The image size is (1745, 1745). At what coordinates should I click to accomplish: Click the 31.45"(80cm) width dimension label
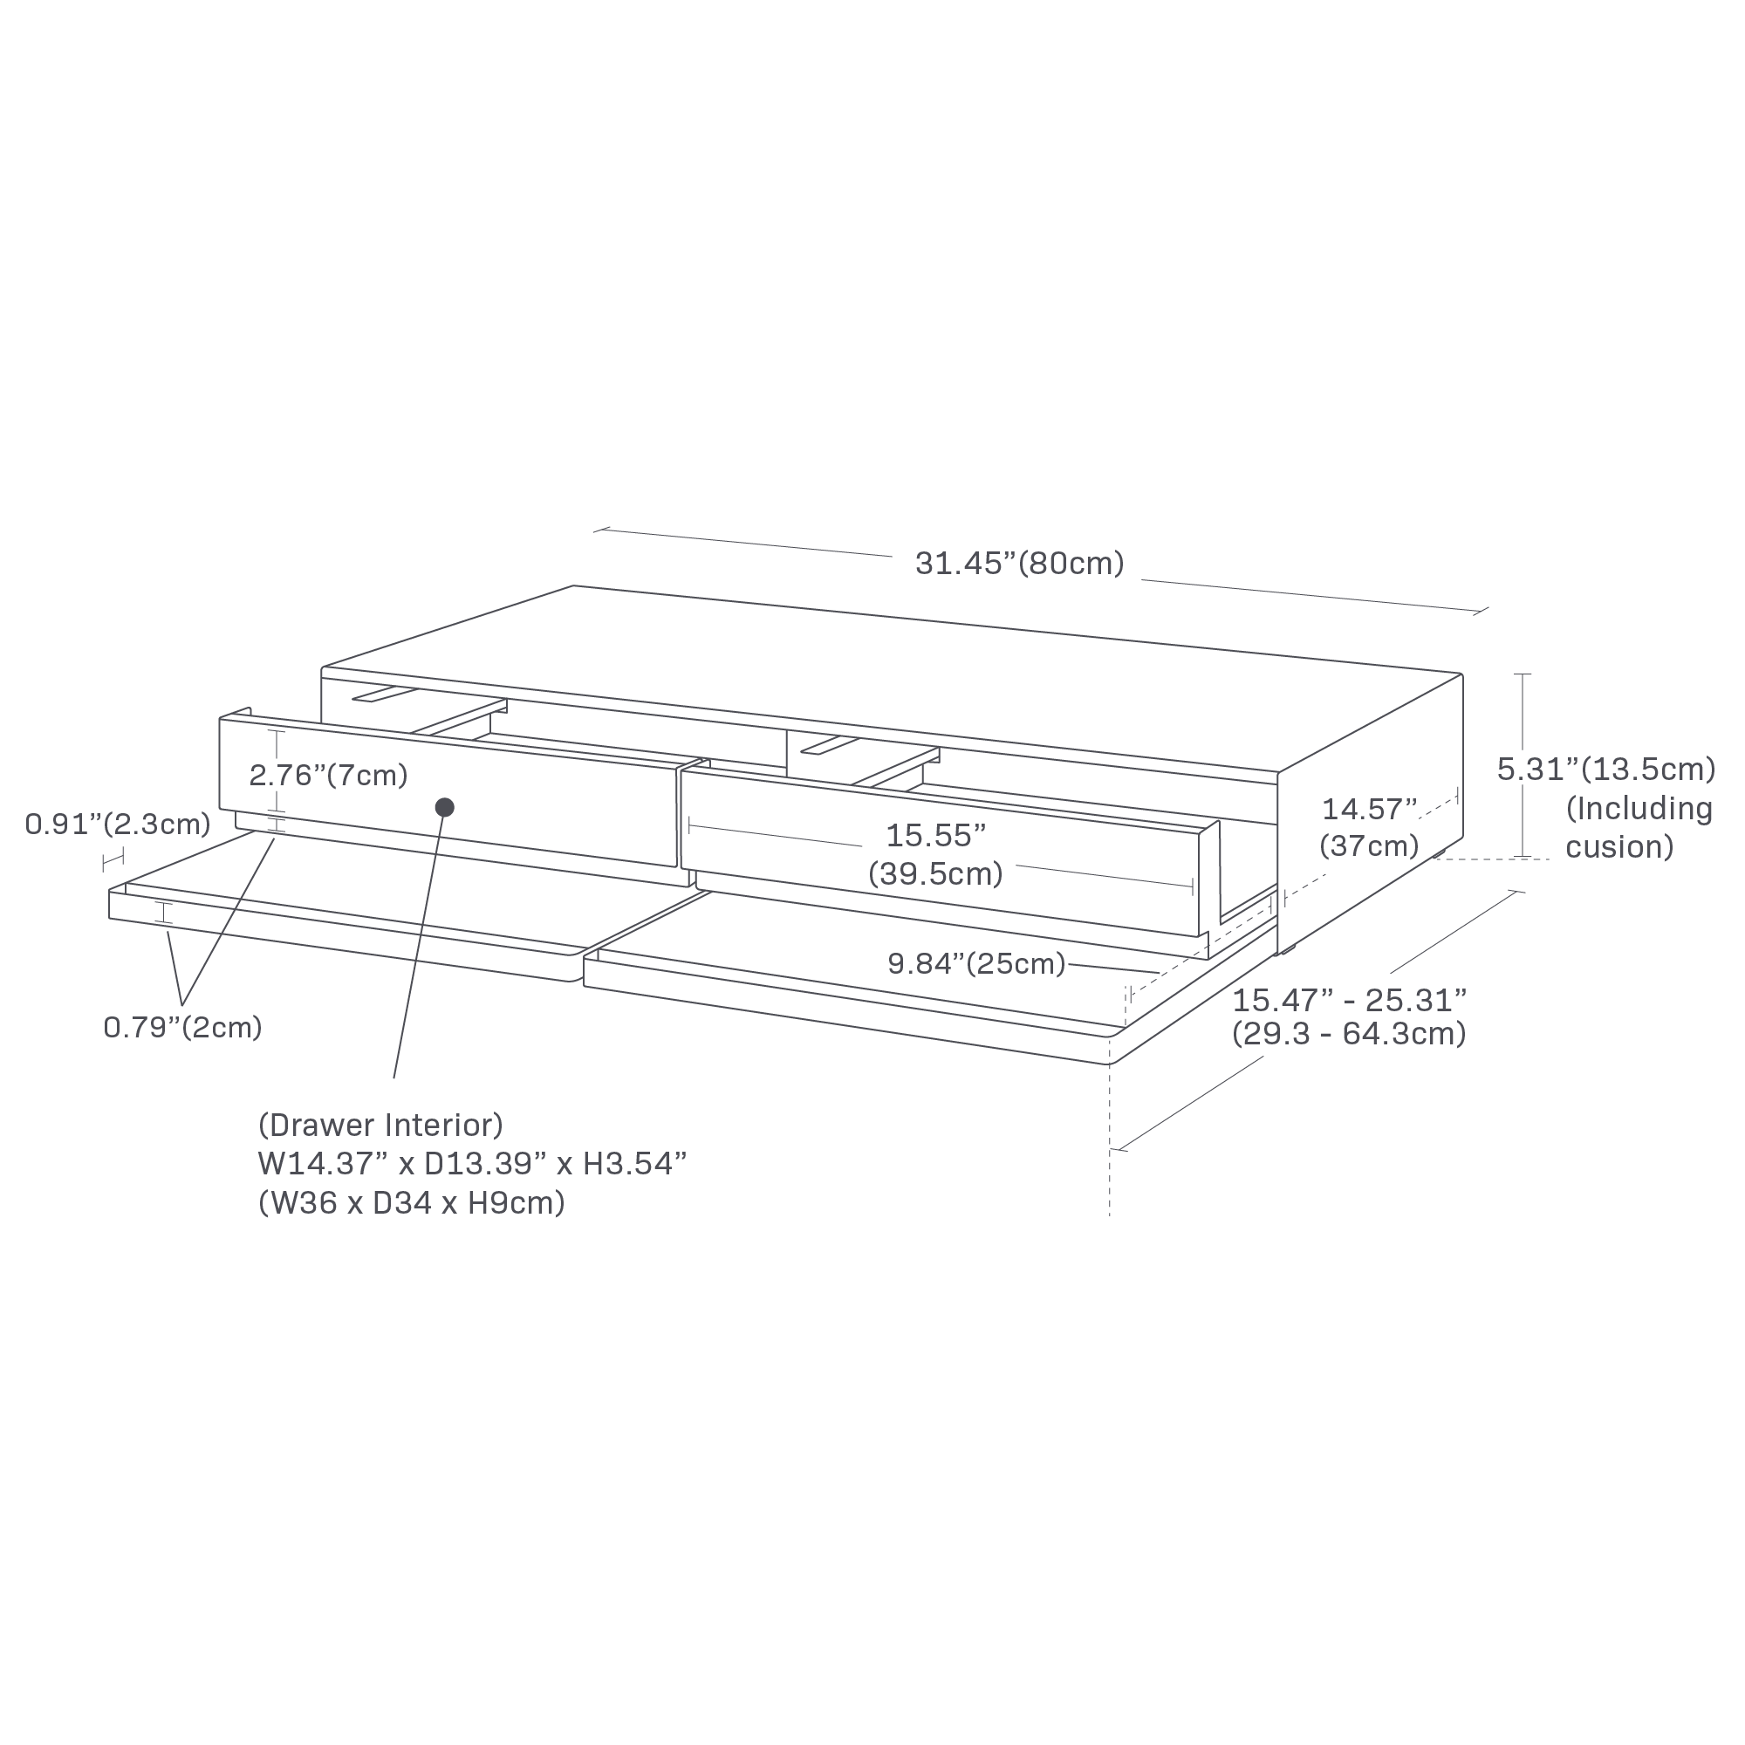(1019, 564)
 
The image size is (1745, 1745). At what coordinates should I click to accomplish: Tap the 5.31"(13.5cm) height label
(1606, 770)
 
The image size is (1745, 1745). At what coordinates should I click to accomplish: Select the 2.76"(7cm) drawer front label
(329, 775)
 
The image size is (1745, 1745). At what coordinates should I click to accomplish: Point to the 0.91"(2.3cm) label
(118, 824)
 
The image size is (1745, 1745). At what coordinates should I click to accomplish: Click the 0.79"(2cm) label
(182, 1028)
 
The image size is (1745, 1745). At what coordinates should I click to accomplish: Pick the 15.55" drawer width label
(934, 836)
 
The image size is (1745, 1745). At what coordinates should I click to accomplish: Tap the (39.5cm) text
(934, 874)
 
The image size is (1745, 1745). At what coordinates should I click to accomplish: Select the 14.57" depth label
(1369, 809)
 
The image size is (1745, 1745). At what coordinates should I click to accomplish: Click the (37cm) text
(1369, 846)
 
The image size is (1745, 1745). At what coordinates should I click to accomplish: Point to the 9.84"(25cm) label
(976, 964)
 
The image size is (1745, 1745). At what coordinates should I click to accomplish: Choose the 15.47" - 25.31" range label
(1350, 1001)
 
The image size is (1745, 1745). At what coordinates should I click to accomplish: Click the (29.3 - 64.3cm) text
(1350, 1034)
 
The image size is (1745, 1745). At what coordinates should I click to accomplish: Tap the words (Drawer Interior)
(380, 1126)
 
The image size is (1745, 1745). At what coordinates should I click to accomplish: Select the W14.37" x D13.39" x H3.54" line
(471, 1164)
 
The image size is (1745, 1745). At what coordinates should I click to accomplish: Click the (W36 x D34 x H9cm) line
(411, 1203)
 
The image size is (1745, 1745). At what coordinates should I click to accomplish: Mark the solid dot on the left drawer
(444, 807)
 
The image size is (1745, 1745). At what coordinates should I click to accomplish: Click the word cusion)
(1619, 847)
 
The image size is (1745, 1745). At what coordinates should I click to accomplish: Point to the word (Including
(1639, 810)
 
